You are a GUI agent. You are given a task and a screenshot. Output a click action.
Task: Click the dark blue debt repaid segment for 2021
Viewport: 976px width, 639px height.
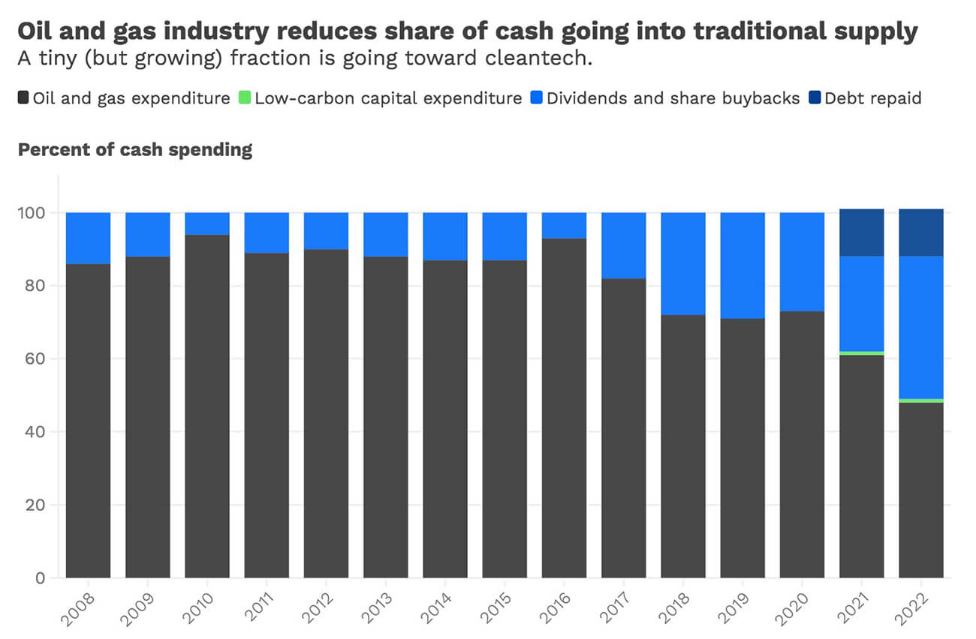[861, 232]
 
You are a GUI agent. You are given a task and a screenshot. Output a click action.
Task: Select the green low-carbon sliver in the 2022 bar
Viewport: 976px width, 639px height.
[920, 400]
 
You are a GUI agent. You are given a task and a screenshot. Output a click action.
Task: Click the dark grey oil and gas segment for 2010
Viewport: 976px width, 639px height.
[207, 406]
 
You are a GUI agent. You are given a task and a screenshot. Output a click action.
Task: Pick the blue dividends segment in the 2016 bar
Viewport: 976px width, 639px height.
[564, 226]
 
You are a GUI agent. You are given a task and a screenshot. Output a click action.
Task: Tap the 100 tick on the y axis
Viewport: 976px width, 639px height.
[36, 213]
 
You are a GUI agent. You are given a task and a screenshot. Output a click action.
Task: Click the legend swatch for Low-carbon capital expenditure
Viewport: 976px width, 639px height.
[244, 98]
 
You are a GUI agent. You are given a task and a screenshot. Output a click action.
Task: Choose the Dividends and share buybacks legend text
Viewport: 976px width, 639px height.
[673, 98]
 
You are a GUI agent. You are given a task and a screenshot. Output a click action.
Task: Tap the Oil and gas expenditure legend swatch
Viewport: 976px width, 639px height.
[23, 98]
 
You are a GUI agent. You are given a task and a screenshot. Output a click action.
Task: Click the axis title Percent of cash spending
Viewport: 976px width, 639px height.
[135, 149]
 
